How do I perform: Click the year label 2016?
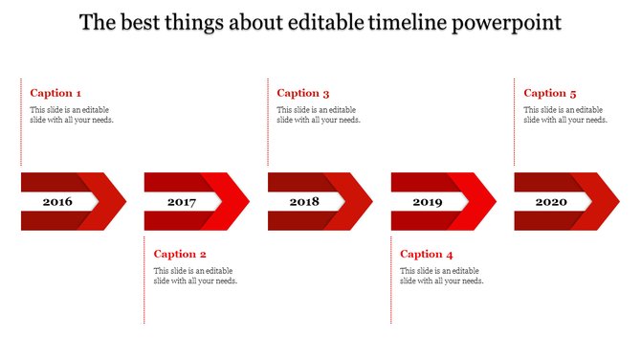click(57, 202)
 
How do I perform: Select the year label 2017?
click(181, 202)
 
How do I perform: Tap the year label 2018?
click(304, 202)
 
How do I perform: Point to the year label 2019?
click(428, 202)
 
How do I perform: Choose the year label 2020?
click(551, 202)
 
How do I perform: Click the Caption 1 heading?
click(55, 93)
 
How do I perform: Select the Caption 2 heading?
click(180, 254)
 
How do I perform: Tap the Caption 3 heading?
click(303, 93)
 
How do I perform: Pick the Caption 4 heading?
click(427, 254)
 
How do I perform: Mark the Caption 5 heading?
click(550, 93)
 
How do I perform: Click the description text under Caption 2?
click(196, 276)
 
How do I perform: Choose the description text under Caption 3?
click(319, 115)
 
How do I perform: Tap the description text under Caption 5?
click(565, 115)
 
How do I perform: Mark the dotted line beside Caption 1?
click(21, 124)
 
